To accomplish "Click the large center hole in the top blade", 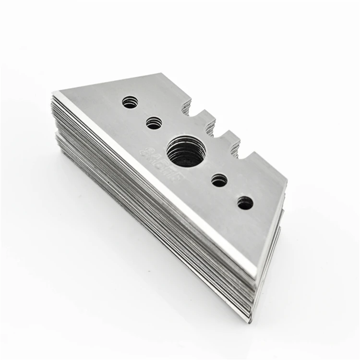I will pyautogui.click(x=186, y=151).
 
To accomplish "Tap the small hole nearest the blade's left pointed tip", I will pyautogui.click(x=130, y=102).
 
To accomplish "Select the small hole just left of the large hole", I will pyautogui.click(x=154, y=123).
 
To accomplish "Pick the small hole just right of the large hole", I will pyautogui.click(x=219, y=180).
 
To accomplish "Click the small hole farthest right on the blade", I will pyautogui.click(x=245, y=203).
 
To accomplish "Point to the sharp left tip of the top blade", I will pyautogui.click(x=54, y=93).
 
